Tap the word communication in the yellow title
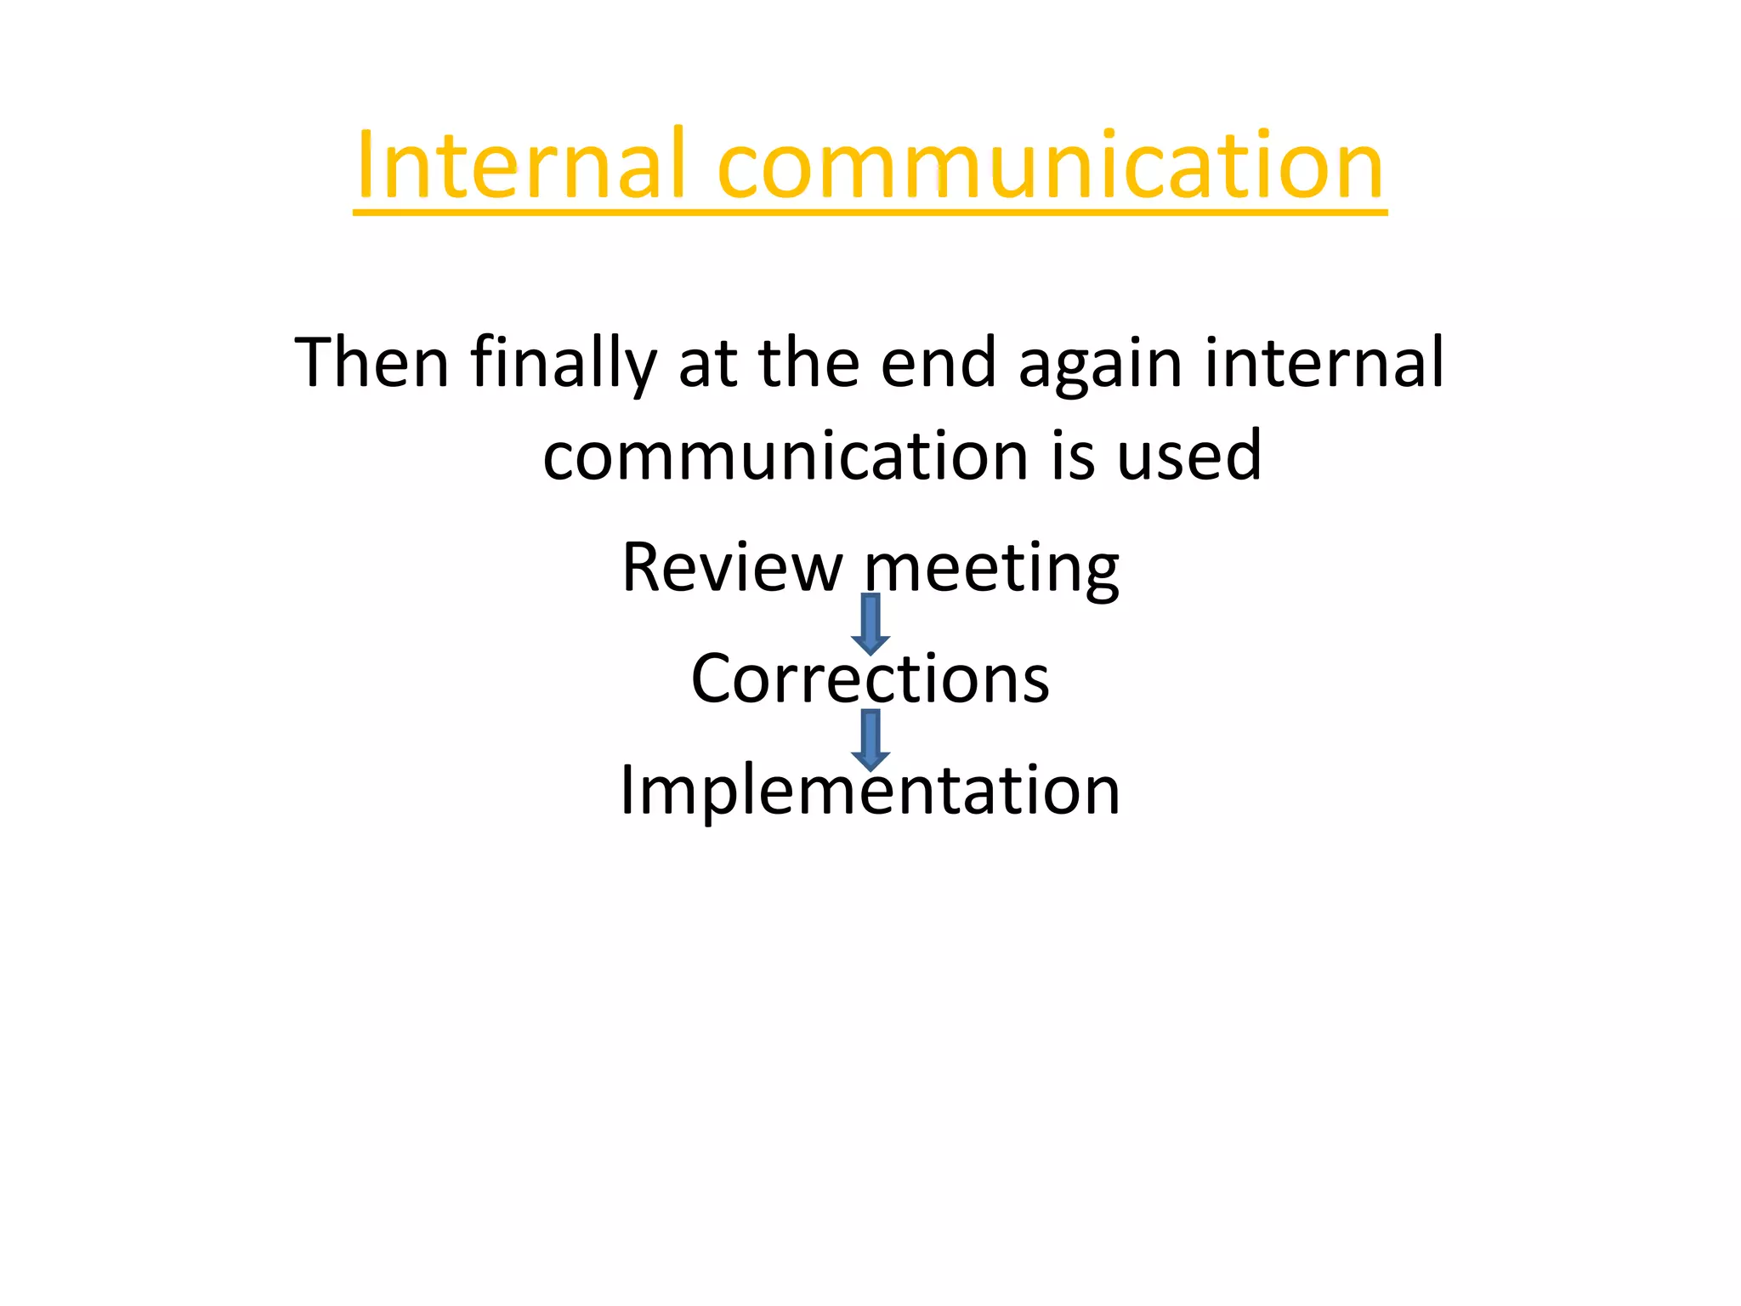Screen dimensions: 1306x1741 [x=1051, y=166]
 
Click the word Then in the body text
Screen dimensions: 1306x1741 [x=371, y=363]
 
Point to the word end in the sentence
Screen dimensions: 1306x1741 [x=938, y=363]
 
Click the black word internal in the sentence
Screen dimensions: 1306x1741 [x=1324, y=363]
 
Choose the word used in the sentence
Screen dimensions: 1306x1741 [x=1188, y=457]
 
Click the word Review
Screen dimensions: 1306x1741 [x=732, y=567]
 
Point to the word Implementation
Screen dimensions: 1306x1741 [x=870, y=791]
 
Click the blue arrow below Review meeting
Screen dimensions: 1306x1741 [x=870, y=624]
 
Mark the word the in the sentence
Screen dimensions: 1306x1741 [x=808, y=363]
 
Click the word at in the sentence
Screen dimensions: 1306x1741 [x=707, y=363]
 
